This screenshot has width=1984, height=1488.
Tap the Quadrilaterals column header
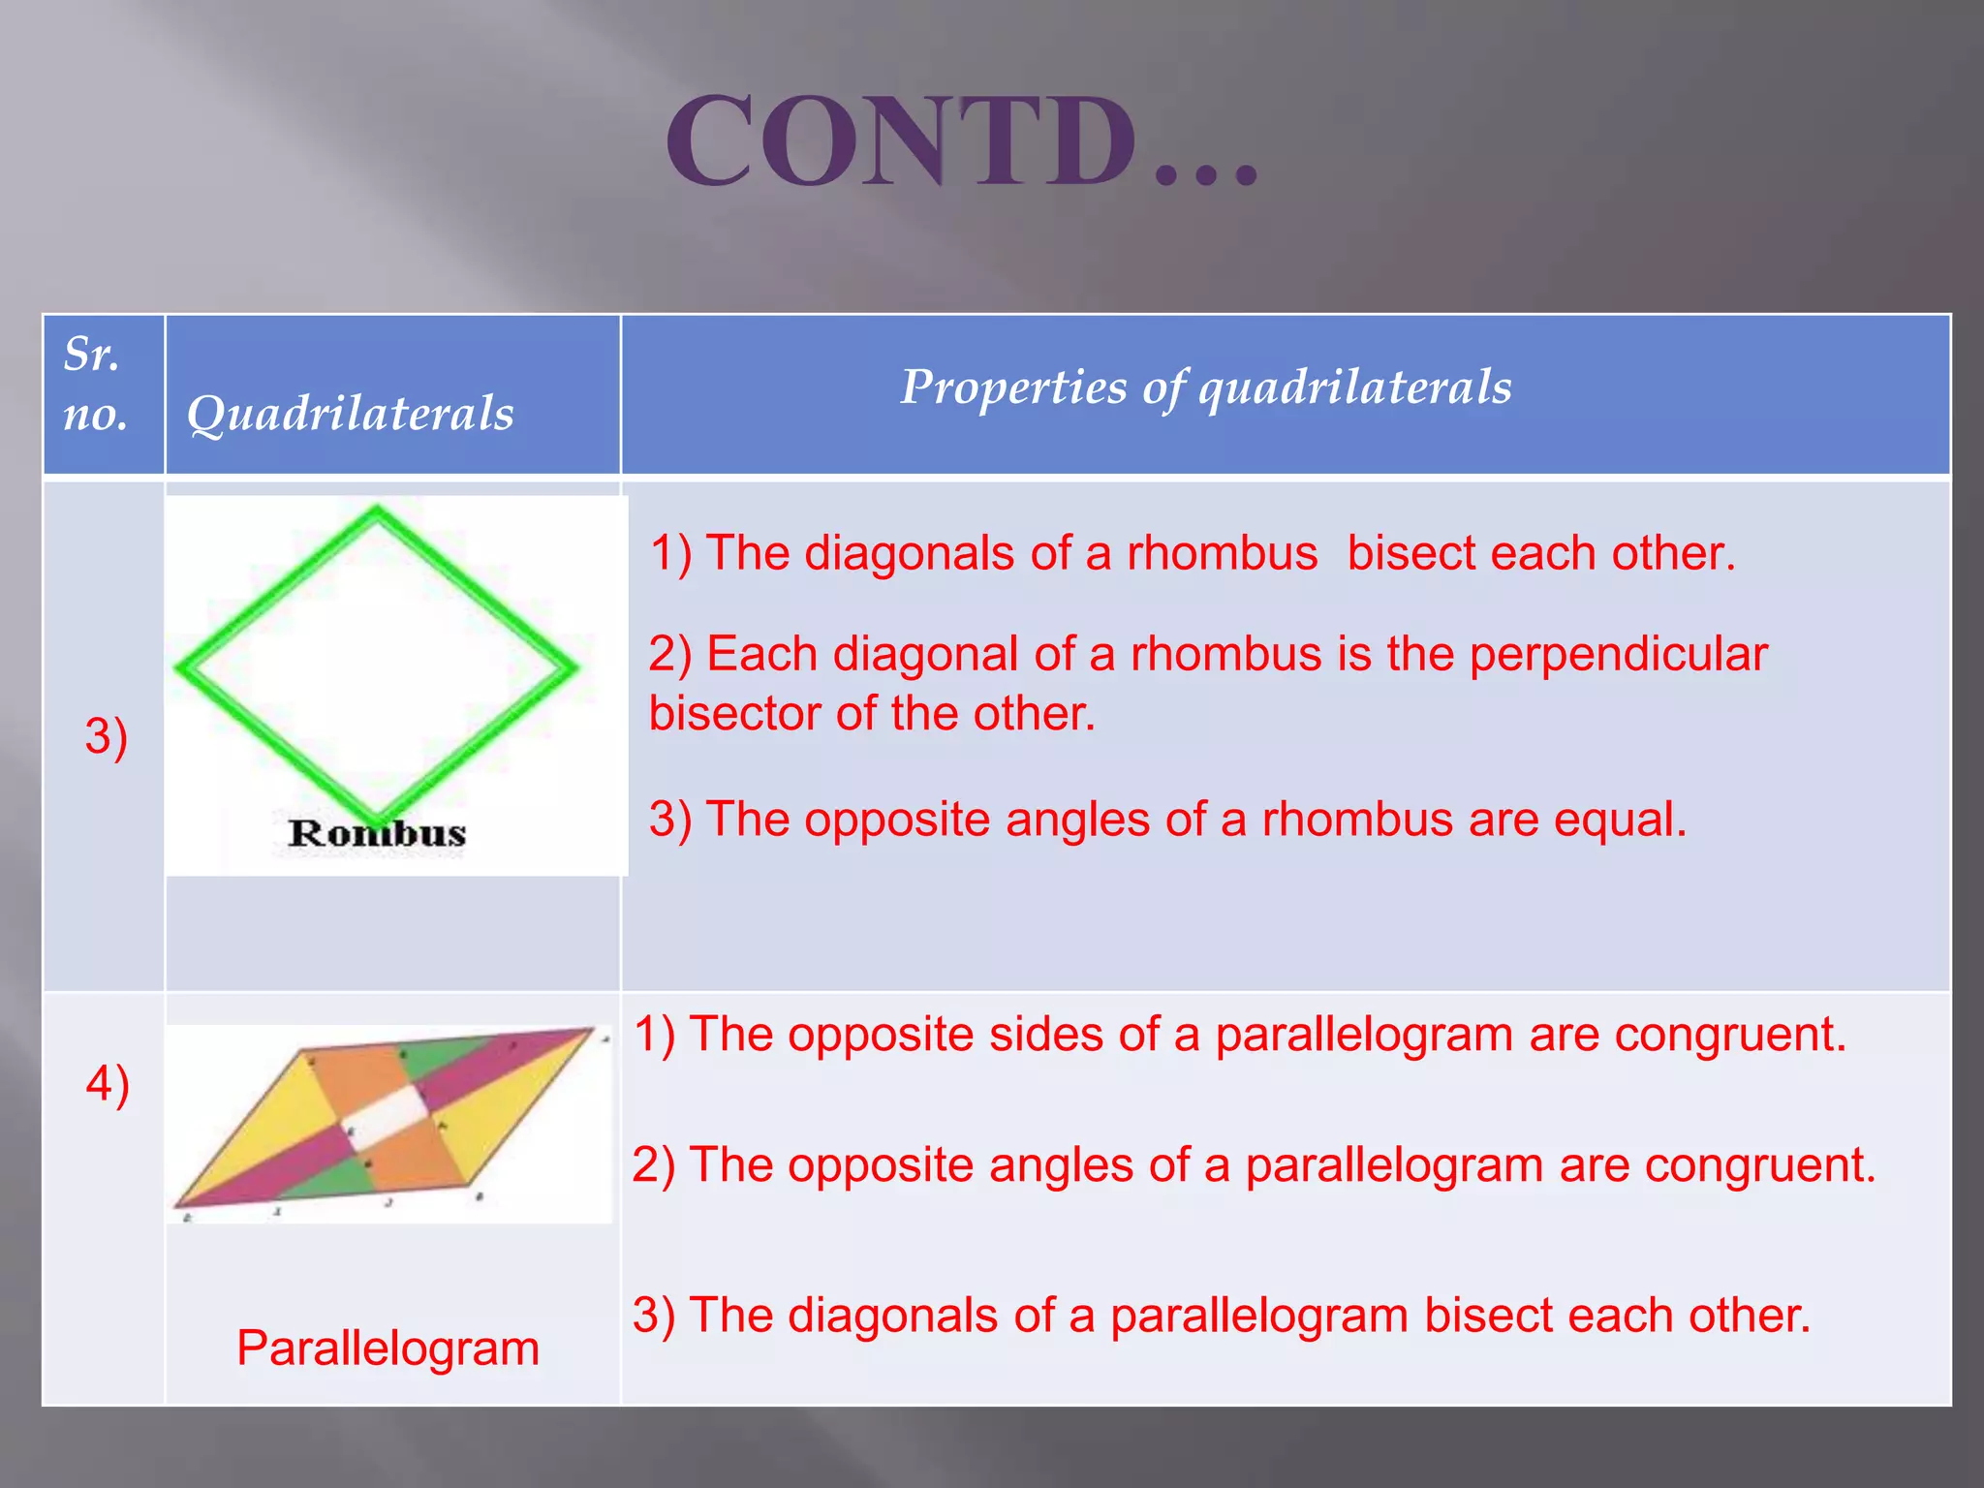[350, 414]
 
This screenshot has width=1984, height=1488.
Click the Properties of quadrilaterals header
[1205, 387]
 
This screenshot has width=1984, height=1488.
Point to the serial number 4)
[108, 1083]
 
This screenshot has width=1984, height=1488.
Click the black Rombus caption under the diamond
[377, 833]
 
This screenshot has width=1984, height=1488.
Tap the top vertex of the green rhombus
[376, 511]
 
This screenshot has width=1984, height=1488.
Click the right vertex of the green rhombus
[573, 666]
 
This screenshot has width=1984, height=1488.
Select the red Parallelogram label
[387, 1348]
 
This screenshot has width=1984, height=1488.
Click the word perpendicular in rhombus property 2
[1618, 654]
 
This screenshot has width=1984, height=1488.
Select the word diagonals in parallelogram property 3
[892, 1316]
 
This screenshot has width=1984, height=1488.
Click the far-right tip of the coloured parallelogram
[593, 1031]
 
